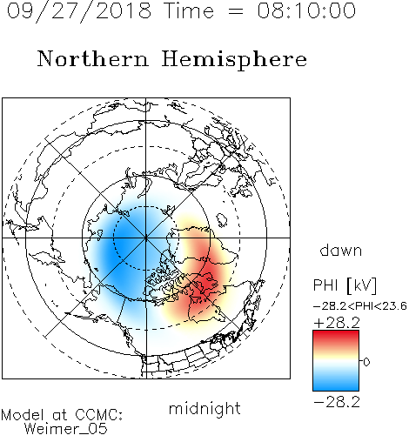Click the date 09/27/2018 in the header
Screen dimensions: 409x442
[79, 11]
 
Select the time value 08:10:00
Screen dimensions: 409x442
[306, 10]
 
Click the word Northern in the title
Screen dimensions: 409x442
[93, 58]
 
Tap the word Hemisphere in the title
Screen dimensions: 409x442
[234, 60]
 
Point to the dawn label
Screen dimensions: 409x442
[341, 250]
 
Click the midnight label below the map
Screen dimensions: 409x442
[204, 409]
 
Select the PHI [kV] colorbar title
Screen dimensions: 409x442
[345, 285]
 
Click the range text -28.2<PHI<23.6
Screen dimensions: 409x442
[360, 306]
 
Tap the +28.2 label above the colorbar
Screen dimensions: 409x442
[337, 323]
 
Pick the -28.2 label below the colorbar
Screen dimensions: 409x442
[337, 402]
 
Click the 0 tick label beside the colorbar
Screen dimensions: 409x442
[366, 362]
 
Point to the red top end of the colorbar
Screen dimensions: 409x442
[336, 333]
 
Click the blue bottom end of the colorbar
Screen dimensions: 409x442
[336, 388]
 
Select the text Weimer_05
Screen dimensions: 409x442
[66, 429]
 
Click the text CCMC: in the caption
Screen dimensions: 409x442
[99, 415]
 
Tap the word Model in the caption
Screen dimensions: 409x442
[23, 415]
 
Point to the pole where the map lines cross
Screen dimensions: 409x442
[146, 238]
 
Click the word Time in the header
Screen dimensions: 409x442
[189, 10]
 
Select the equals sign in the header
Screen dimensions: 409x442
[236, 12]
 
